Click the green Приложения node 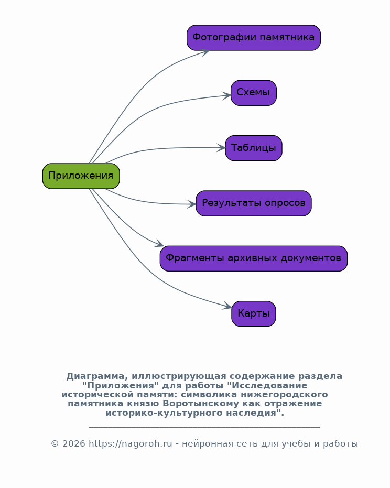pos(81,176)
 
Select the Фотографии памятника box pos(254,38)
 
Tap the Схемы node pos(254,93)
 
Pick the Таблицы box pos(254,148)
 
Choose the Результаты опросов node pos(254,203)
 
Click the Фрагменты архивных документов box pos(254,258)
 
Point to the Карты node pos(254,313)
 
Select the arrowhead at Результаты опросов pos(192,204)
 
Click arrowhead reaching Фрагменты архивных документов pos(159,243)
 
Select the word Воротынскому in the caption pos(201,404)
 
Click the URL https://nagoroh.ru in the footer pos(131,444)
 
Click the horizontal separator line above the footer pos(204,427)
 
